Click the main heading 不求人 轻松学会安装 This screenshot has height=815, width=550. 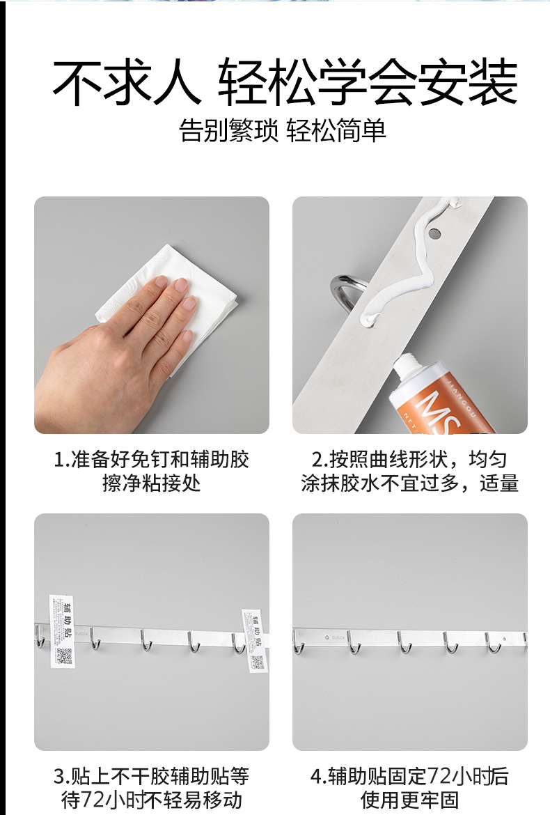point(285,83)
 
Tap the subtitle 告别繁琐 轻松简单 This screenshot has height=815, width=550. point(283,130)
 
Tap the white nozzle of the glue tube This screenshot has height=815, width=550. point(403,366)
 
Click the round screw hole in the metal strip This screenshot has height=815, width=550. point(435,231)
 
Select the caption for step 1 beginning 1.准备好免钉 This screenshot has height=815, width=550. point(151,471)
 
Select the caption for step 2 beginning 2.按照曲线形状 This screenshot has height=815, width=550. point(410,471)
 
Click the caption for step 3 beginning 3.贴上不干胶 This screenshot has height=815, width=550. point(151,787)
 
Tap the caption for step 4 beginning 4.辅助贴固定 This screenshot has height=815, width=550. point(410,787)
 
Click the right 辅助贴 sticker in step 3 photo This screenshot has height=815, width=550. point(254,639)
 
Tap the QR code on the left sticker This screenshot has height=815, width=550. point(64,655)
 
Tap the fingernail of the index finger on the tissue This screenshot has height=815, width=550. point(162,281)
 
